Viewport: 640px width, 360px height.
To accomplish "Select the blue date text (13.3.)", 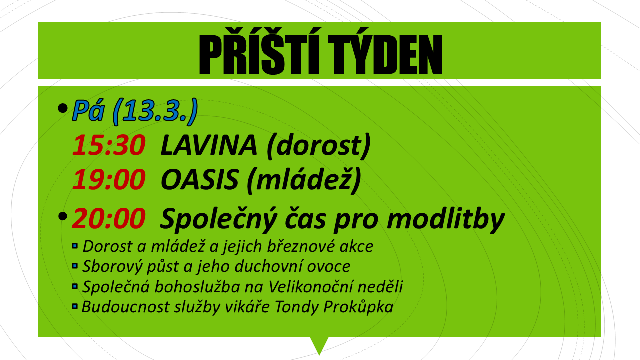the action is pos(155,111).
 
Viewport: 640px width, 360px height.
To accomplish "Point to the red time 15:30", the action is pos(109,145).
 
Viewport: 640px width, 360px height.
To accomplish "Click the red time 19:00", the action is pos(109,179).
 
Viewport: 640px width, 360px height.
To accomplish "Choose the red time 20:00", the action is pos(109,219).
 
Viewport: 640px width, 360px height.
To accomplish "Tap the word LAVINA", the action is pos(209,145).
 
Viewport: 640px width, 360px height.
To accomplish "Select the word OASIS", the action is pos(199,179).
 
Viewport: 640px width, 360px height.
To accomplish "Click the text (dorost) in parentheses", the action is pos(318,146).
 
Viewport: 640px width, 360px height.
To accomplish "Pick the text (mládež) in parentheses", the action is pos(304,180).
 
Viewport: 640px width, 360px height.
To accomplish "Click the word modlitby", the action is pos(445,219).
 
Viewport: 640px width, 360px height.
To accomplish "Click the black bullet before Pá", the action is pos(62,108).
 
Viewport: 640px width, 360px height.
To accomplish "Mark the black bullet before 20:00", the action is pos(62,216).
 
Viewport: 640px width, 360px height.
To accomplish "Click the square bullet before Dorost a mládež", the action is pos(75,246).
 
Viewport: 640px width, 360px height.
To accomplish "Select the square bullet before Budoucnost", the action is pos(75,306).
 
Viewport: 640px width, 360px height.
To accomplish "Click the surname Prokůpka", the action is pos(358,307).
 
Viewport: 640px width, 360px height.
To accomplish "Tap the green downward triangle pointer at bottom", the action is pos(319,344).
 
